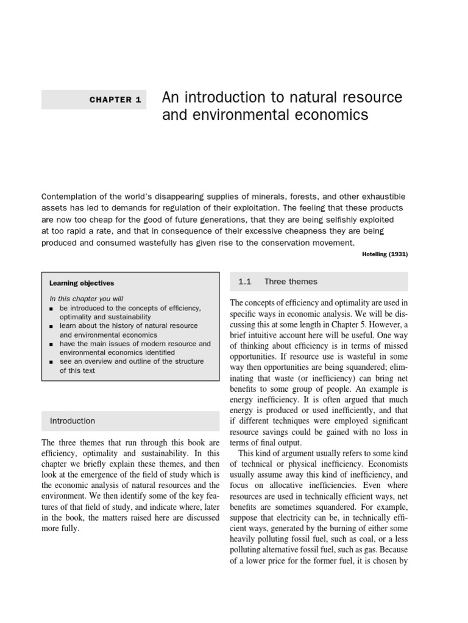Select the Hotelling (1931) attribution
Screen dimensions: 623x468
[383, 254]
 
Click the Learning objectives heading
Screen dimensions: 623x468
[82, 283]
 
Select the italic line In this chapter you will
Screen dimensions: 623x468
[86, 299]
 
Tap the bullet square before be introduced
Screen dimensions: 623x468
[52, 308]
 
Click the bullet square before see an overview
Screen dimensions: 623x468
[52, 362]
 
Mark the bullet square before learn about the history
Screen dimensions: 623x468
[52, 327]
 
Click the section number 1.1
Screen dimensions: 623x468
[245, 282]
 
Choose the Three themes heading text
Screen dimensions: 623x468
[291, 282]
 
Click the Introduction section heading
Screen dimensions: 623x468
[73, 420]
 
